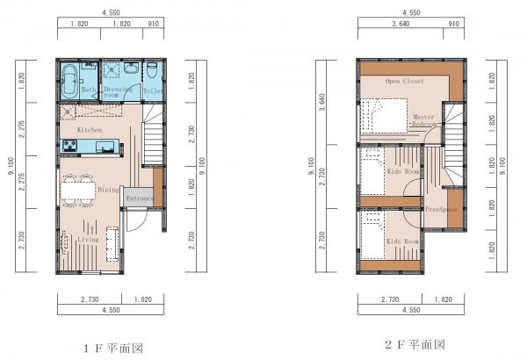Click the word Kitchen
[x=90, y=130]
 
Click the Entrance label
[x=140, y=199]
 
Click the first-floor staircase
[x=153, y=140]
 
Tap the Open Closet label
[x=404, y=81]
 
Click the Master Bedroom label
[x=423, y=120]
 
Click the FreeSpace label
[x=439, y=210]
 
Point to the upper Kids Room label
[x=401, y=172]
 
